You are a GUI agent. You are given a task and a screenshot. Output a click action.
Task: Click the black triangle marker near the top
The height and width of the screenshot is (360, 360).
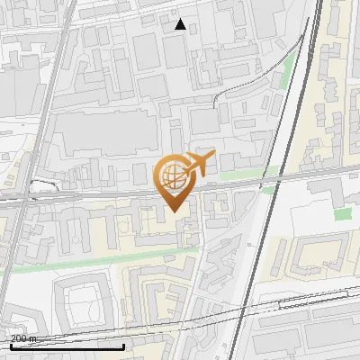point(181,24)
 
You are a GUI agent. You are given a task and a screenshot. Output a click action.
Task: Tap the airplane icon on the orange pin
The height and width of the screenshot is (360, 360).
point(199,163)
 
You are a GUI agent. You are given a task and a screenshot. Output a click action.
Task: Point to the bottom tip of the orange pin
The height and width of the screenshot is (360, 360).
point(173,211)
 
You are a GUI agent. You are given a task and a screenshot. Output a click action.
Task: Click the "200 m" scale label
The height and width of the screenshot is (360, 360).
point(23,338)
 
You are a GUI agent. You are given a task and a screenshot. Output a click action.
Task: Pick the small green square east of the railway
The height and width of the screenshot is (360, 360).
point(342,214)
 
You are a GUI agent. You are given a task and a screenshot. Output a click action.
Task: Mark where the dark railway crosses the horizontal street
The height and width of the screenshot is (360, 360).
point(276,181)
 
